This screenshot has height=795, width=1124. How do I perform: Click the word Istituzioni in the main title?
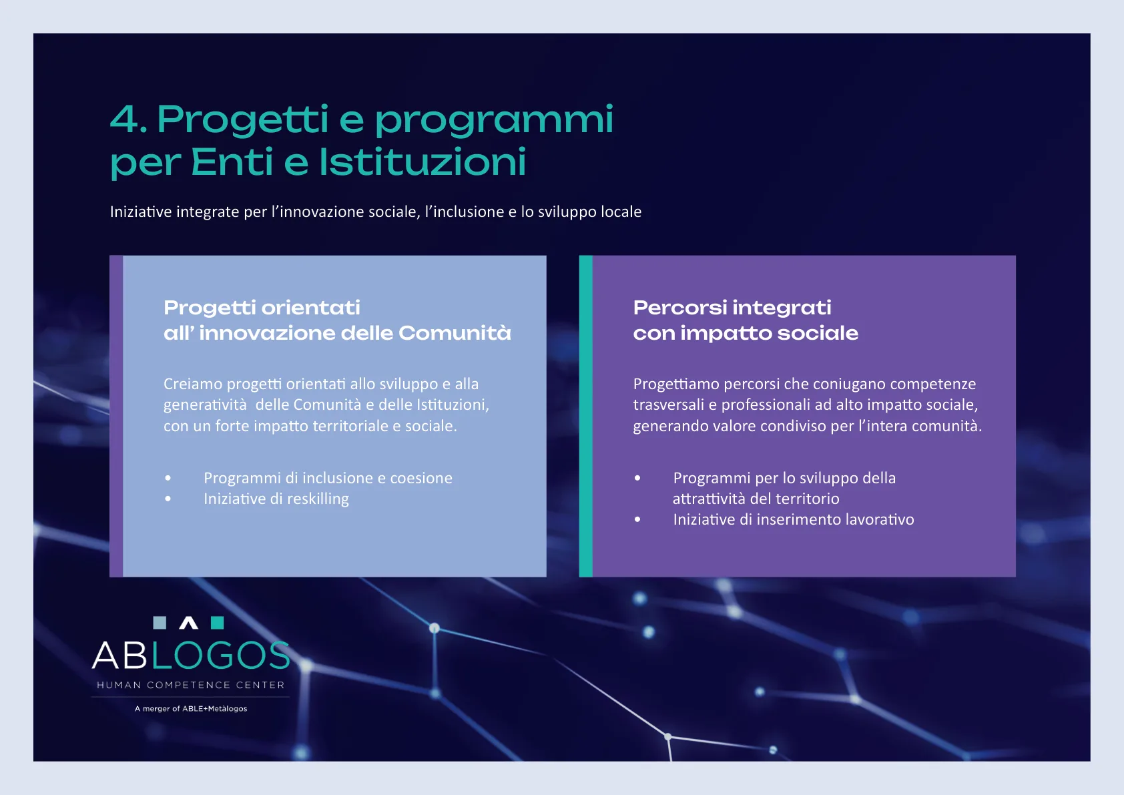(423, 162)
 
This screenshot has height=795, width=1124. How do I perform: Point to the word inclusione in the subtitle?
(465, 212)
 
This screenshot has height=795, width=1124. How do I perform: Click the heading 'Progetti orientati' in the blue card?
(262, 308)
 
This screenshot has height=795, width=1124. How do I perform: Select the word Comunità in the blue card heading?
(455, 333)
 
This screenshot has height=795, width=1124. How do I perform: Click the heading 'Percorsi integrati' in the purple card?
(732, 308)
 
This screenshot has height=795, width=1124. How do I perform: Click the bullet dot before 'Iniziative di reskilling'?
(168, 499)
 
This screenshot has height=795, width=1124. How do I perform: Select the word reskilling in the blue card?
(318, 499)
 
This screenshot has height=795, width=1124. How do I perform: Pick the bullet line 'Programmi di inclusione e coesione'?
(328, 478)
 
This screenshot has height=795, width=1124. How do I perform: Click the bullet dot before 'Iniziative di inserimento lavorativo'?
(637, 519)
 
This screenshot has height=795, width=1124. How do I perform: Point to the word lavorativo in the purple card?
(880, 519)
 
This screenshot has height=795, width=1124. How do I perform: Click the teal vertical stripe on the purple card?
(586, 416)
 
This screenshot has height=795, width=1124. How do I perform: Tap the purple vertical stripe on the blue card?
(116, 416)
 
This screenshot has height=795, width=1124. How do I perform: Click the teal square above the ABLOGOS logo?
(218, 623)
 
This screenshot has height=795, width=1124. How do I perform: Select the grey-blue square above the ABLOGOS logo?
(160, 623)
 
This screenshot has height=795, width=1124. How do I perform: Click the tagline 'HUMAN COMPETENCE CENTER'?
(191, 685)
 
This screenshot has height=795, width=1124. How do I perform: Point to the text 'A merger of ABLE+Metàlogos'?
(191, 709)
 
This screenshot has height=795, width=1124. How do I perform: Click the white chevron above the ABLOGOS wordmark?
(189, 623)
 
